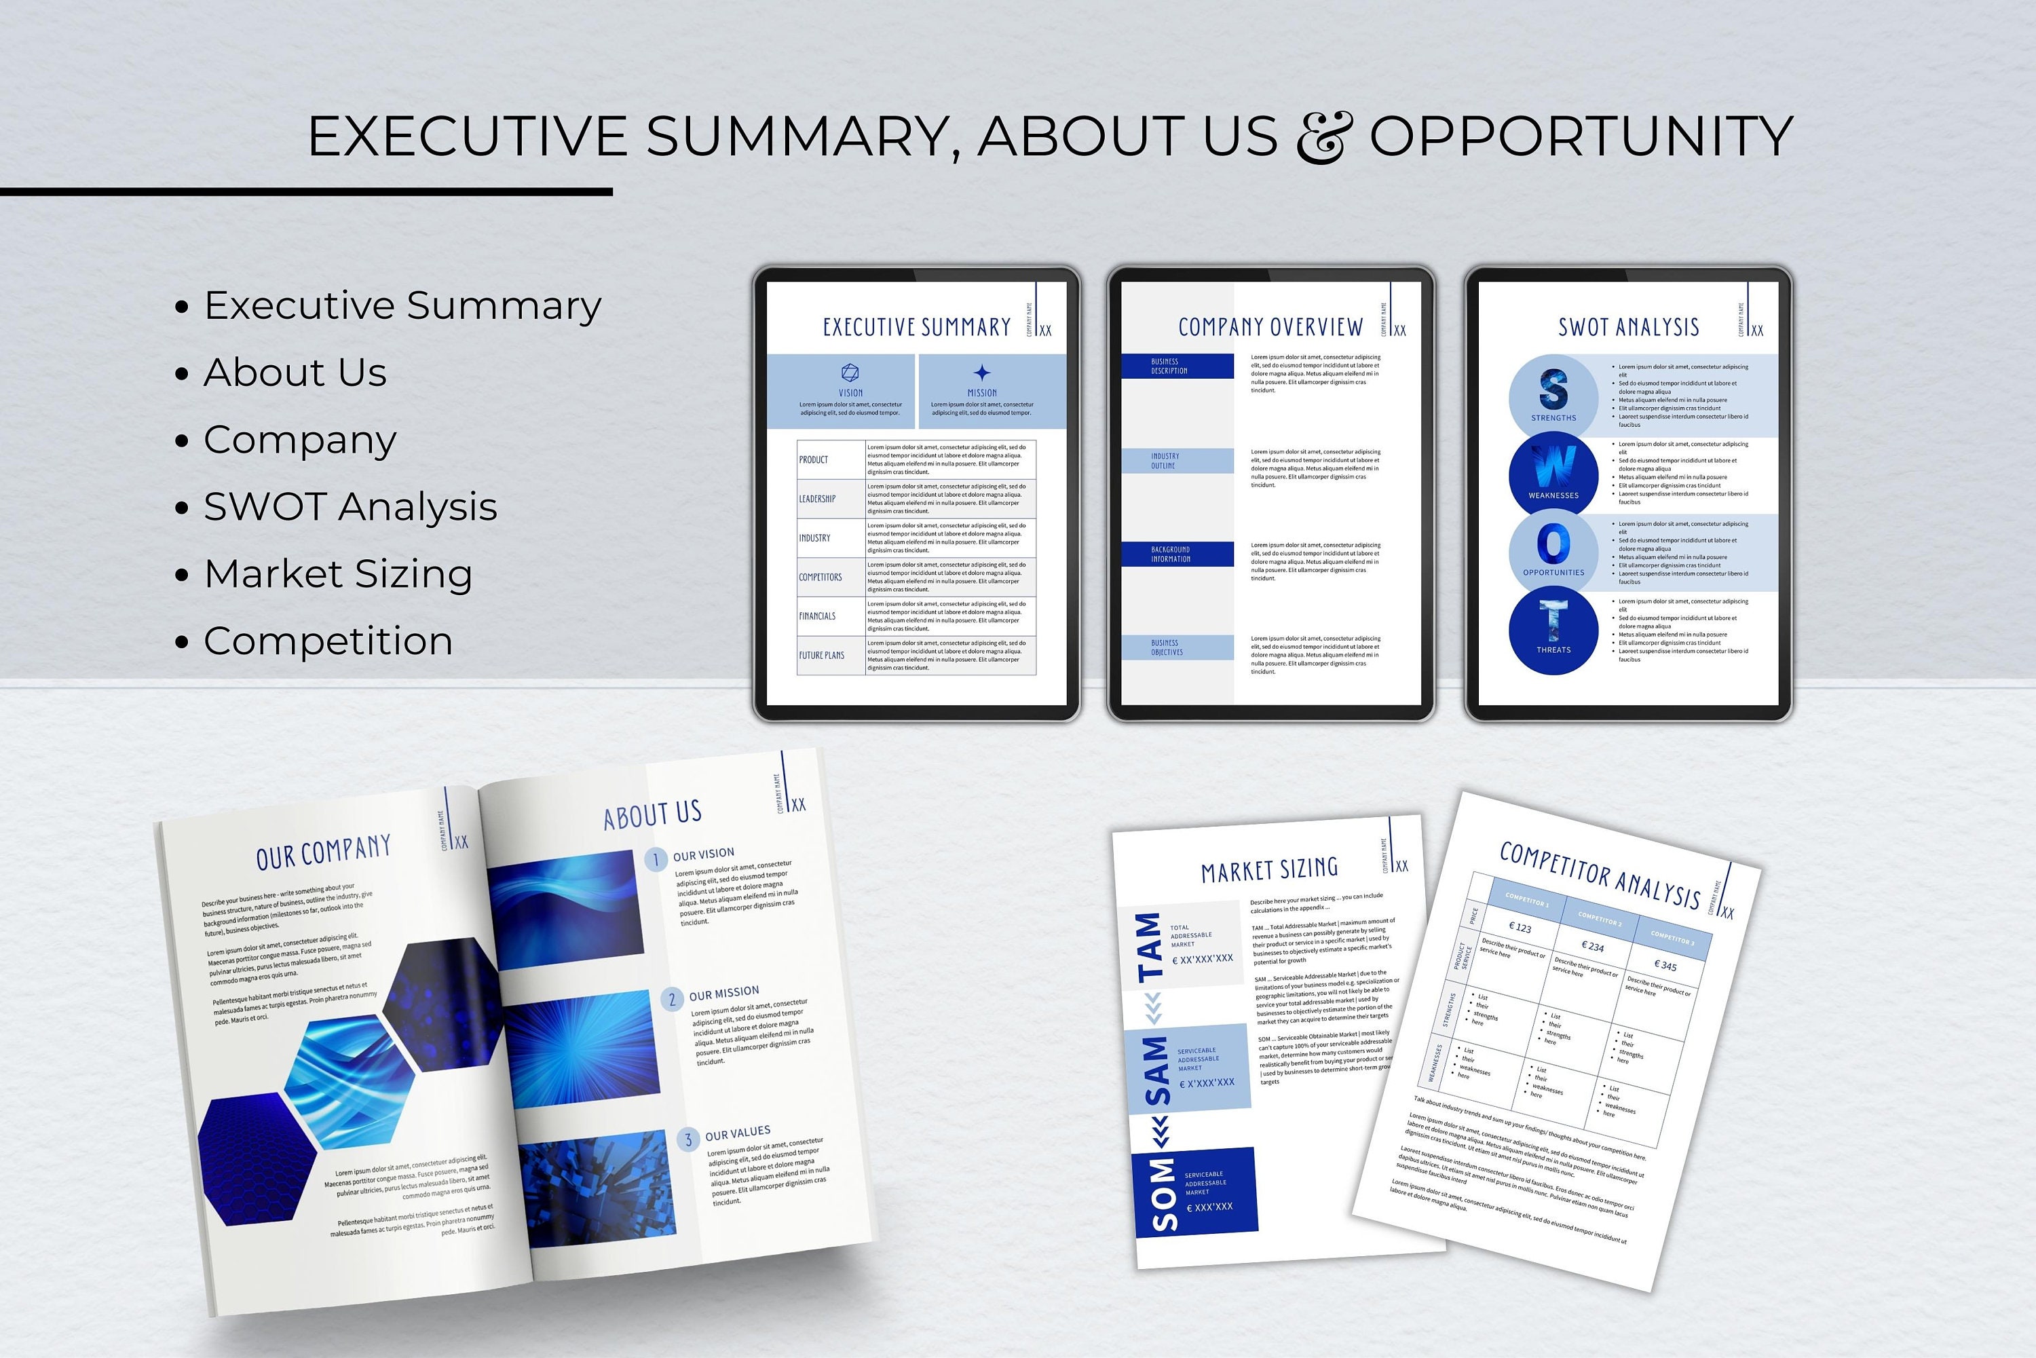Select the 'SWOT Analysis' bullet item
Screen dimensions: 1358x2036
[350, 507]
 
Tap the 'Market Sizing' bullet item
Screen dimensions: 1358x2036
[338, 574]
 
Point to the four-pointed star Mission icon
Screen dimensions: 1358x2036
[981, 373]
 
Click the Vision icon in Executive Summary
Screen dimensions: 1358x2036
[850, 373]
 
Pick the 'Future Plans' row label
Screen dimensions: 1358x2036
[821, 656]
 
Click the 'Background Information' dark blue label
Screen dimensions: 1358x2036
[1177, 554]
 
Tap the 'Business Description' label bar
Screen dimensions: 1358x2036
[1177, 366]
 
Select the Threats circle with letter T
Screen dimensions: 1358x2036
[1553, 628]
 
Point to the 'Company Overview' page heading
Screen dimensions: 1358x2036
[1270, 327]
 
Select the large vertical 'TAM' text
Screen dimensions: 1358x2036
[1148, 947]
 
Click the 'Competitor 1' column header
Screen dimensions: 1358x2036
[1527, 901]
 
